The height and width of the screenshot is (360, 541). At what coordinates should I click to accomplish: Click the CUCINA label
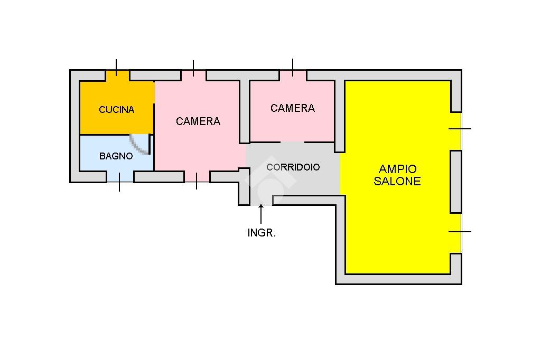pos(117,110)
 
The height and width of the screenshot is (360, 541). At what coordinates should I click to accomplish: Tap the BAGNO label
pos(116,156)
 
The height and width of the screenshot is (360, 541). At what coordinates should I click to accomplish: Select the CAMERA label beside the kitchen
pos(198,121)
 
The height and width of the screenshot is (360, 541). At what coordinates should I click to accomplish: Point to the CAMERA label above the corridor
pos(293,108)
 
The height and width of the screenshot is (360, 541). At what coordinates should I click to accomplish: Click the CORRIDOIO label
pos(293,167)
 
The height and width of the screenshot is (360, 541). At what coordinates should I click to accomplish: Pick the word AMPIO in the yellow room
pos(398,169)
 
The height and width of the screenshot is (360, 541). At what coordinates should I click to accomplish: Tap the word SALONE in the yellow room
pos(397,181)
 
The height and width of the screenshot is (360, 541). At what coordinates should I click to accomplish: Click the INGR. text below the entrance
pos(262,232)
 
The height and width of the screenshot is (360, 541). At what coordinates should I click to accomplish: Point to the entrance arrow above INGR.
pos(261,214)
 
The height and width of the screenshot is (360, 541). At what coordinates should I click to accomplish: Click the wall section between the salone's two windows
pos(455,182)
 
